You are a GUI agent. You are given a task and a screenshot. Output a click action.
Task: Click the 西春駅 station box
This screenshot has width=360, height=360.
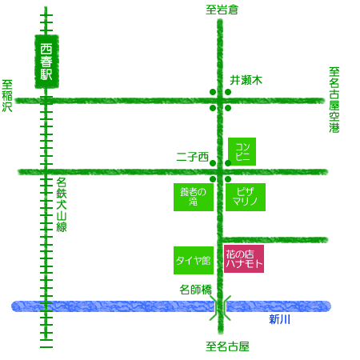pos(46,62)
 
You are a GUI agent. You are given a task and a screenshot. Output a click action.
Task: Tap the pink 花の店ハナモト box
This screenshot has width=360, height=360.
pos(244,258)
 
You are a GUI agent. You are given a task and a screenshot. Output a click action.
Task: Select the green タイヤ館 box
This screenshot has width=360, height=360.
pos(194,260)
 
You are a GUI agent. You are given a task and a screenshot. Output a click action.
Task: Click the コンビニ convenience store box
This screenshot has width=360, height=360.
pos(242,151)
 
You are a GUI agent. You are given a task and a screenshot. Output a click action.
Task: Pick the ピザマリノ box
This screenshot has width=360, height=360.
pos(246,197)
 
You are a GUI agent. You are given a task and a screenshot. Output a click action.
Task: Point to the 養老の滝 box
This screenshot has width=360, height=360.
pos(194,197)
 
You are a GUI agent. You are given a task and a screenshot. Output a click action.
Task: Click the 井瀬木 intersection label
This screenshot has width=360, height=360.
pos(246,80)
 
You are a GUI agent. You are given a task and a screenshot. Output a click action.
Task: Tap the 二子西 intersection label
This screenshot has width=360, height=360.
pos(192,157)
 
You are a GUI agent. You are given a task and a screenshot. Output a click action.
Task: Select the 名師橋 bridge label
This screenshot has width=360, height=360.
pos(195,290)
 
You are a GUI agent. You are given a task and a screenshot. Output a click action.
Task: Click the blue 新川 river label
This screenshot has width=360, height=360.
pos(279,319)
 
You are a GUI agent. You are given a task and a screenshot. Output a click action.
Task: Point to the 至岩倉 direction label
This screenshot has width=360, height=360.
pos(222,10)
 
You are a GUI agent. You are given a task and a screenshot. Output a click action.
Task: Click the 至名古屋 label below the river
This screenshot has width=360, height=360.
pos(227,346)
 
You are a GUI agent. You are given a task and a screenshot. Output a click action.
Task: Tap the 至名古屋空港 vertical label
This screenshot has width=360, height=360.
pos(334,100)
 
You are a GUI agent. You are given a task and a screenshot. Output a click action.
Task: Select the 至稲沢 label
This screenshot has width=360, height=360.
pos(7,96)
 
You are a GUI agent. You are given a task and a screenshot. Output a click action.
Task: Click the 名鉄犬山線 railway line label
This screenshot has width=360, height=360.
pos(62,205)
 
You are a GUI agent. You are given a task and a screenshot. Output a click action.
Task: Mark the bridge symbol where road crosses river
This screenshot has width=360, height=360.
pos(220,307)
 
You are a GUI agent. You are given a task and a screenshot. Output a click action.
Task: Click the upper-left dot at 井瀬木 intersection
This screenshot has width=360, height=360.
pos(213,92)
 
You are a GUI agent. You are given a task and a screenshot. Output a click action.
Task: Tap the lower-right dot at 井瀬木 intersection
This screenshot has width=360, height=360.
pos(228,108)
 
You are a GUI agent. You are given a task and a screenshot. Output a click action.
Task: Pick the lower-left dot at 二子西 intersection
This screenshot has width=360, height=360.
pos(213,179)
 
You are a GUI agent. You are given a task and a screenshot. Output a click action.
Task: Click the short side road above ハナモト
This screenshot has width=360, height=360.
pos(274,240)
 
